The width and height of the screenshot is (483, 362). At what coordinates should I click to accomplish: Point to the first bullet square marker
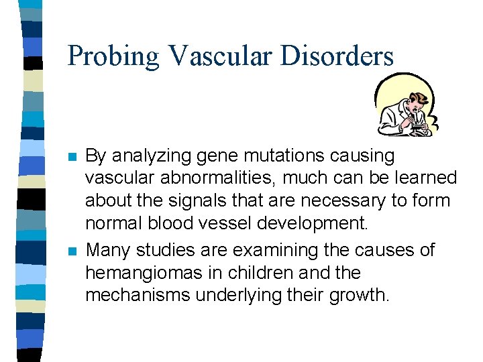[x=73, y=157]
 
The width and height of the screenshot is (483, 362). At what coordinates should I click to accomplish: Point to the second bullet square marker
[x=73, y=251]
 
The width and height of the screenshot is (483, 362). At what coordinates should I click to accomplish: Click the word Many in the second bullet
[x=109, y=251]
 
